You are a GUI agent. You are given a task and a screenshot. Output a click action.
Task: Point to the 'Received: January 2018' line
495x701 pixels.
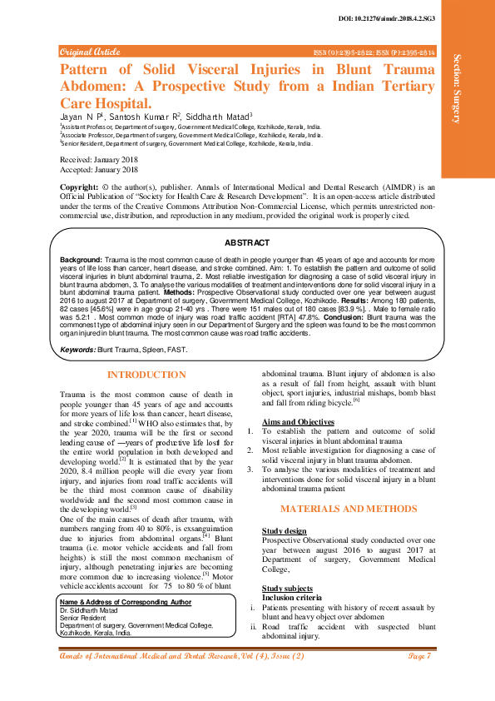(98, 160)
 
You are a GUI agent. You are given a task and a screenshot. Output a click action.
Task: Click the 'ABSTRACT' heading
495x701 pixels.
(247, 242)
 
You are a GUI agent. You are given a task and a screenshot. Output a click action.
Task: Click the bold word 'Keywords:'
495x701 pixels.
(78, 350)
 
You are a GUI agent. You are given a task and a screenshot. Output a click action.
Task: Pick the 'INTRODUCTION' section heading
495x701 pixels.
(147, 375)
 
